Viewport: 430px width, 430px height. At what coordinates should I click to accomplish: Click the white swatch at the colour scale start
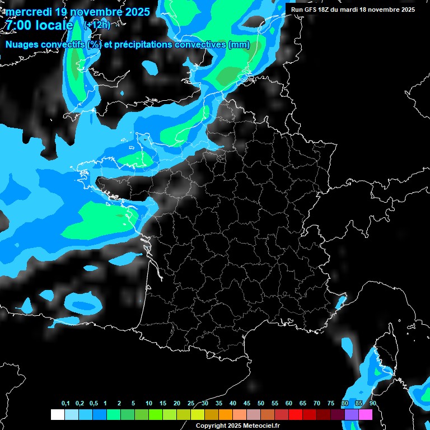click(x=57, y=414)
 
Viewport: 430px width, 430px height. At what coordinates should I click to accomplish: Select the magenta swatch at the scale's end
click(x=366, y=414)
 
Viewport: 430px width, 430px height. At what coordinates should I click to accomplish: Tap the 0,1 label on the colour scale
click(x=66, y=404)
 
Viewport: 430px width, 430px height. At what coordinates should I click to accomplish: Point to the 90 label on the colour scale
click(x=373, y=404)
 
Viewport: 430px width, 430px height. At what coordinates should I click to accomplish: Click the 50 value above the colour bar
click(x=261, y=404)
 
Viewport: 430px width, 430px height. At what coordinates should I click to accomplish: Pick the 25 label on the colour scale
click(x=191, y=404)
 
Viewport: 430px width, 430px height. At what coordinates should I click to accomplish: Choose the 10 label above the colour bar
click(x=149, y=404)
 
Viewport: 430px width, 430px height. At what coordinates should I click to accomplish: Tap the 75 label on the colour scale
click(x=331, y=404)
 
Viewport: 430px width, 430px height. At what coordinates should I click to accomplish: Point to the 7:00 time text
click(x=18, y=25)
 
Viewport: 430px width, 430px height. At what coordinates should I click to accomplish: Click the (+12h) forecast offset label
click(x=97, y=25)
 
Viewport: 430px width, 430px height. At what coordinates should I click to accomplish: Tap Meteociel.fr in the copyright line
click(x=260, y=426)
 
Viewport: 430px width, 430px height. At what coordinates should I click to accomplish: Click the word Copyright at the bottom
click(x=211, y=426)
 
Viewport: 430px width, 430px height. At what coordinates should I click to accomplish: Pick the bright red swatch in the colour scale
click(x=296, y=414)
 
